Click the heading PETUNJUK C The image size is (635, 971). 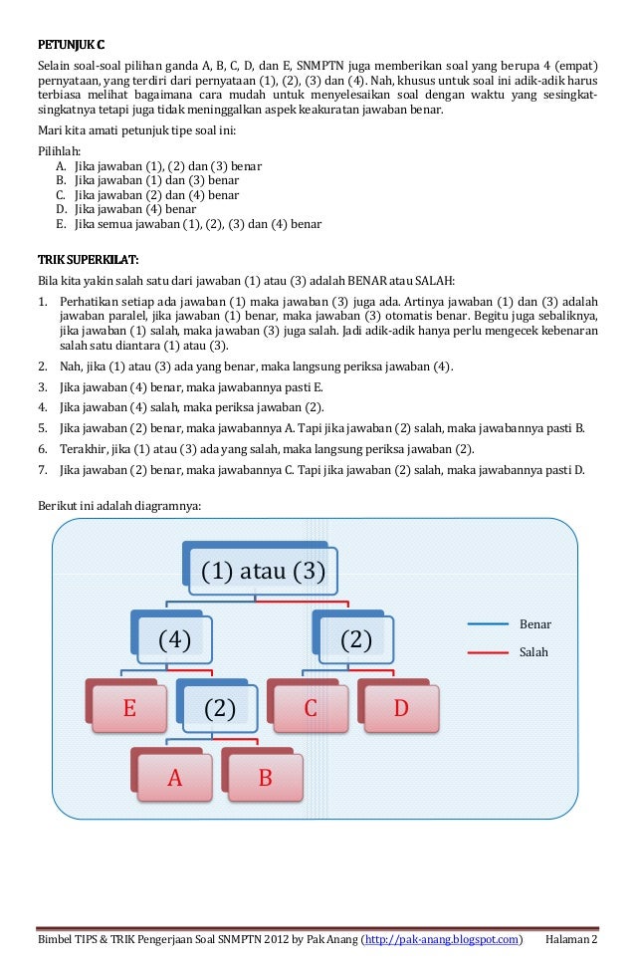(x=71, y=45)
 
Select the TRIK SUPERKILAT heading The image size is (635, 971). (x=88, y=261)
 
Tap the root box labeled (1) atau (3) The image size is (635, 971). (x=264, y=572)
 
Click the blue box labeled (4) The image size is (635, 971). (x=175, y=639)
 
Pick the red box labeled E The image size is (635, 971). (x=129, y=708)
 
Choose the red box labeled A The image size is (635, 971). (x=175, y=778)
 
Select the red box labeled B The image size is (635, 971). (x=265, y=778)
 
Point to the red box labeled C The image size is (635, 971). (x=311, y=708)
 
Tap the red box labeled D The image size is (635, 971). (x=401, y=708)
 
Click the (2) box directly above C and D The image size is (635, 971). (x=355, y=639)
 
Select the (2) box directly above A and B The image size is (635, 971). (x=220, y=708)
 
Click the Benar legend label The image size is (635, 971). (x=535, y=624)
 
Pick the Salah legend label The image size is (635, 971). (x=533, y=652)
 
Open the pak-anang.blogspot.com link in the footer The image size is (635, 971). (x=441, y=939)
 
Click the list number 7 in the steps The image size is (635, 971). (x=42, y=469)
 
